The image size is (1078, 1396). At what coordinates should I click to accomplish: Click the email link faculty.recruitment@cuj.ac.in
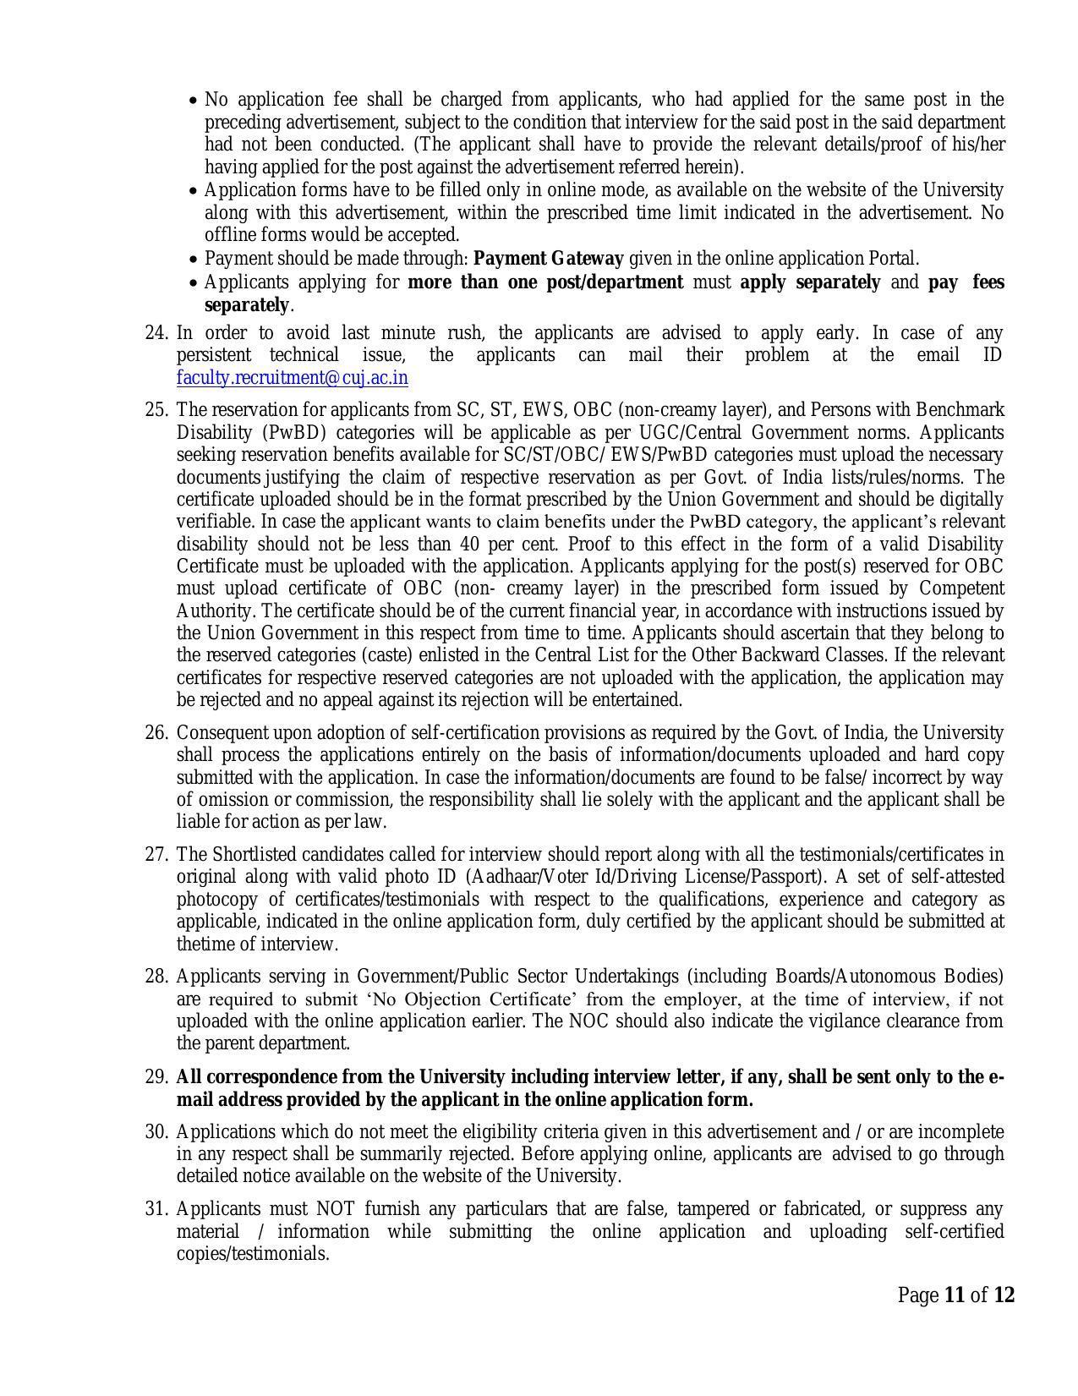[x=292, y=378]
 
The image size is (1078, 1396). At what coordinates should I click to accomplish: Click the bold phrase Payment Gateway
[x=549, y=259]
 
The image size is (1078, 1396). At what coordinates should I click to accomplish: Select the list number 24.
[x=157, y=333]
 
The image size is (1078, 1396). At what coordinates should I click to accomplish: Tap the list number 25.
[x=157, y=410]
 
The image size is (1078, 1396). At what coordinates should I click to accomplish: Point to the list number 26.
[x=157, y=733]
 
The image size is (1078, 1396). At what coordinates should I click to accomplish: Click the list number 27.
[x=157, y=855]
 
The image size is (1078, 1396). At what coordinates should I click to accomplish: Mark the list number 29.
[x=157, y=1078]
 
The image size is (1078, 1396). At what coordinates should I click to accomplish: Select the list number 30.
[x=157, y=1132]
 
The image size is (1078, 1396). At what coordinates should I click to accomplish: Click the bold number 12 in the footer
[x=1004, y=1295]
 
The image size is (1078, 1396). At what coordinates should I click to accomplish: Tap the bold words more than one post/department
[x=545, y=282]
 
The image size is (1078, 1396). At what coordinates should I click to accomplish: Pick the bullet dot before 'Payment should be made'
[x=194, y=260]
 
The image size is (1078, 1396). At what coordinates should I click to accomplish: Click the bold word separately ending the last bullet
[x=246, y=305]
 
